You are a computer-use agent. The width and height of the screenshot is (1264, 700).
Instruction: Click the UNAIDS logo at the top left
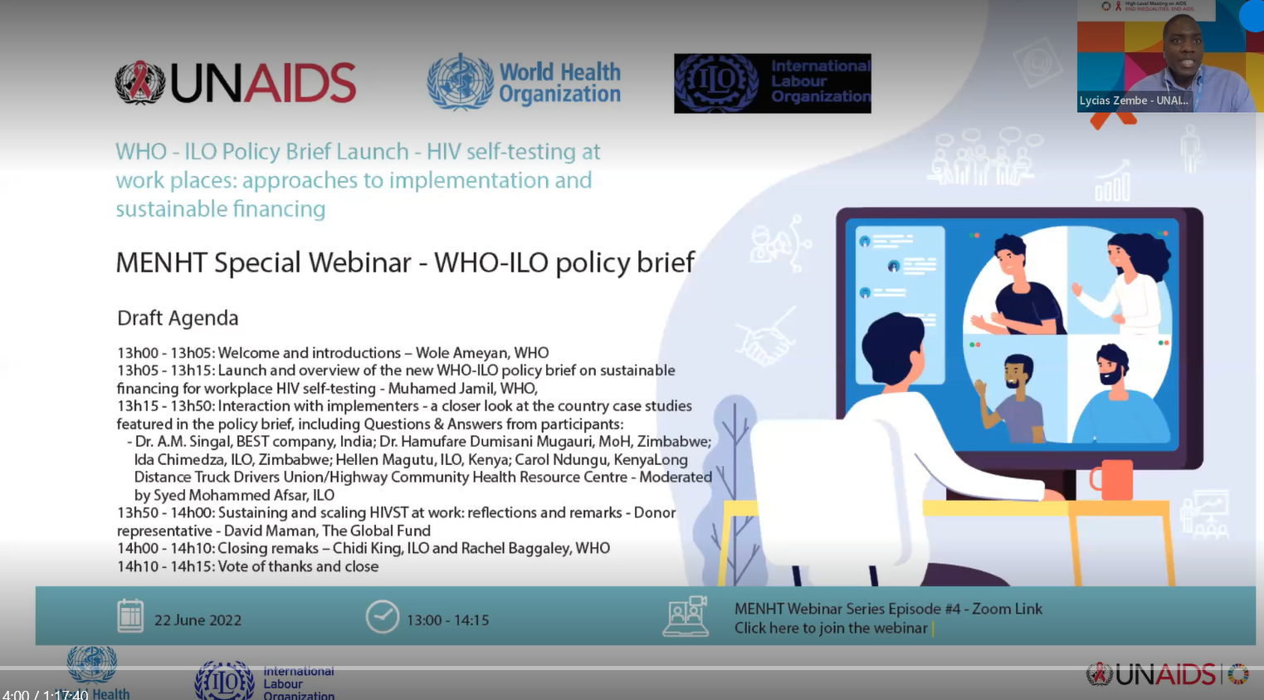click(x=236, y=83)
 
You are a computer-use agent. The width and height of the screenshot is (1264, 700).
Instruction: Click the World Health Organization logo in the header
click(x=524, y=83)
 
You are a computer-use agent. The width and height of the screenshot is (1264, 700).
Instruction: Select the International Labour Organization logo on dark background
click(x=772, y=83)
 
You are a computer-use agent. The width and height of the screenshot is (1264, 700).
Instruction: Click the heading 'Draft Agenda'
click(x=178, y=318)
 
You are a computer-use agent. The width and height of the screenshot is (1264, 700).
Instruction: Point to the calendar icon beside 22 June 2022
click(x=130, y=616)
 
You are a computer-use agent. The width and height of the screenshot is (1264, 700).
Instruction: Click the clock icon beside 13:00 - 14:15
click(x=383, y=617)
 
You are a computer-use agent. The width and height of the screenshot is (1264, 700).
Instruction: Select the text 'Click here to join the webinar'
click(x=830, y=629)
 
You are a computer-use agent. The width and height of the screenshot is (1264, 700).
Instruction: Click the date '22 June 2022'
click(x=198, y=620)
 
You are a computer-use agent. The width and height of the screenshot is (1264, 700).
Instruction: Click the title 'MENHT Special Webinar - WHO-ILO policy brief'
click(x=405, y=262)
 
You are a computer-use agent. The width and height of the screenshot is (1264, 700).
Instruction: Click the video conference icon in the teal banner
click(x=686, y=616)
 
